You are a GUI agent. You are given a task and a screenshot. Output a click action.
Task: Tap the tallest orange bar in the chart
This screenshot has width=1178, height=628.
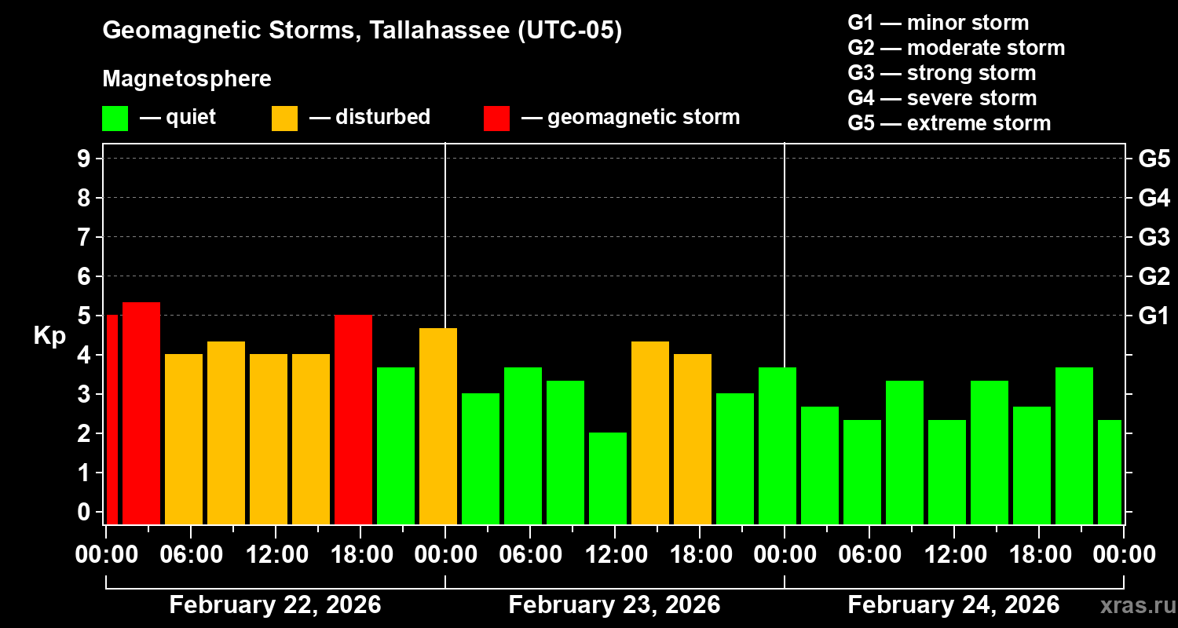[x=438, y=425]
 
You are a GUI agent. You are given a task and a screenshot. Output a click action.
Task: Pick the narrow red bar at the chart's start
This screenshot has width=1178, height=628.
[x=112, y=419]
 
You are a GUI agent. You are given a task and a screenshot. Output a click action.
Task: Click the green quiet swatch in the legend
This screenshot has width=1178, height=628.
[x=115, y=119]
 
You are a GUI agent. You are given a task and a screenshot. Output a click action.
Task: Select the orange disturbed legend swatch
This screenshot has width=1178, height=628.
[x=284, y=119]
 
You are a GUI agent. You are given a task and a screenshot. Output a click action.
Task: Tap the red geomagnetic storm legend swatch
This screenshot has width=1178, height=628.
[x=496, y=119]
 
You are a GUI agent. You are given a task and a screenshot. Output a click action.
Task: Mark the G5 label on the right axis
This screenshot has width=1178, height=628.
[x=1154, y=159]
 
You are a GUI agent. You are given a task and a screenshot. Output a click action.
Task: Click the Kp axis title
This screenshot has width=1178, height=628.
[x=49, y=336]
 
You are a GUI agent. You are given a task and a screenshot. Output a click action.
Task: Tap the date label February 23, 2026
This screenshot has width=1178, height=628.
[x=614, y=605]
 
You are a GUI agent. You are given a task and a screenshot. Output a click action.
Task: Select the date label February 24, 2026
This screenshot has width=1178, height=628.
[x=953, y=605]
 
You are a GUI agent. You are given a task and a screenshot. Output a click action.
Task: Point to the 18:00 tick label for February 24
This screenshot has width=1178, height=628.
[x=1038, y=555]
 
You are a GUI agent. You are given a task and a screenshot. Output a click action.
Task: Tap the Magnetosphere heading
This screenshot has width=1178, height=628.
[x=187, y=79]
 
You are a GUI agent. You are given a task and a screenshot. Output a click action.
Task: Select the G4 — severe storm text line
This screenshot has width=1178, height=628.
[x=942, y=98]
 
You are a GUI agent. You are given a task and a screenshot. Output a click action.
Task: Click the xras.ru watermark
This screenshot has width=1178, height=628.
[x=1135, y=605]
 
